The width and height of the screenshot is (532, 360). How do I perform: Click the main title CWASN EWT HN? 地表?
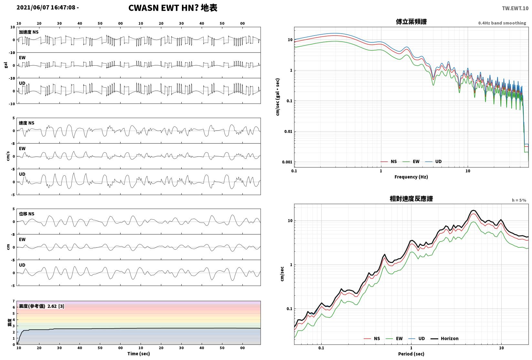[x=173, y=8]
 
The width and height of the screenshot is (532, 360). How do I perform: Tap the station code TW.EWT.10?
[x=515, y=8]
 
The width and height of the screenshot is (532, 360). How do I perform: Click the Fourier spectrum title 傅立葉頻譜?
[x=411, y=22]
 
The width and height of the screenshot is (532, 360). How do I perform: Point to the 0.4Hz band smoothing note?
[x=502, y=23]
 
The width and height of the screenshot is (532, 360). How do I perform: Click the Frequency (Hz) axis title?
[x=411, y=177]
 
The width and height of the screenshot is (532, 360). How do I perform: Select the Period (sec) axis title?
[x=411, y=354]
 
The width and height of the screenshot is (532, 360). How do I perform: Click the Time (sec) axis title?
[x=139, y=354]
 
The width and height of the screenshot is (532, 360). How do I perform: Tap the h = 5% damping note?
[x=519, y=200]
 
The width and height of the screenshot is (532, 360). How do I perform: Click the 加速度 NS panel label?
[x=29, y=32]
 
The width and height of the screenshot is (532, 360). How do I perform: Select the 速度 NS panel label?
[x=27, y=123]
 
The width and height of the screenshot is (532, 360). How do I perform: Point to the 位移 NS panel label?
[x=27, y=214]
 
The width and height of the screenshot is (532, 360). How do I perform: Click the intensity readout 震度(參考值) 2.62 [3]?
[x=42, y=306]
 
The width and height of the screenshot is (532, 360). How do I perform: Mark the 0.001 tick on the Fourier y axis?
[x=287, y=162]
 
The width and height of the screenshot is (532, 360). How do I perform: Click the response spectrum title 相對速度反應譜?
[x=411, y=199]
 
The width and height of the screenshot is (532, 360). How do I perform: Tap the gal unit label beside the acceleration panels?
[x=6, y=65]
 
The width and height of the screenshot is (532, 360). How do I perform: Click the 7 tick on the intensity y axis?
[x=14, y=301]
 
